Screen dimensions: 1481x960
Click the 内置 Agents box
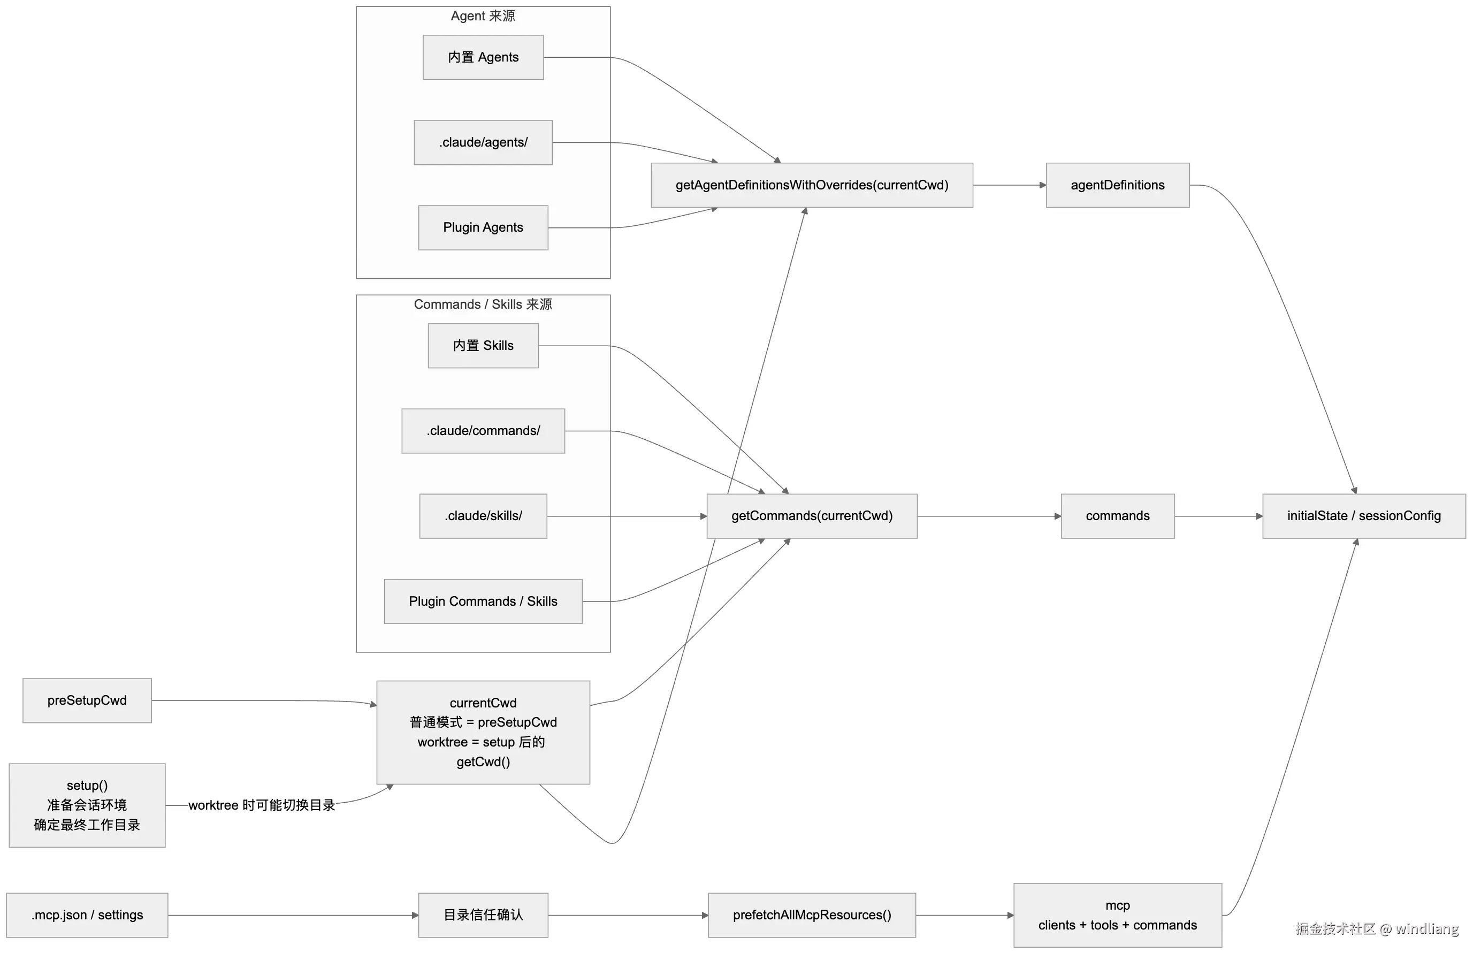[483, 57]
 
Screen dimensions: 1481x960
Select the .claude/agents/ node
[483, 142]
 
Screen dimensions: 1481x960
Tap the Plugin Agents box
[483, 228]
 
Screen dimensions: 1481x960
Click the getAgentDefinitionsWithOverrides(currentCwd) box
[812, 185]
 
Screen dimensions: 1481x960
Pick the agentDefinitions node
[1118, 185]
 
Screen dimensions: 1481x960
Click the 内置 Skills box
[483, 346]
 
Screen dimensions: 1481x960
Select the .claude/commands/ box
[483, 431]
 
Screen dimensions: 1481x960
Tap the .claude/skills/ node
[483, 516]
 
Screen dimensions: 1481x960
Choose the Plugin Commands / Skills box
[483, 601]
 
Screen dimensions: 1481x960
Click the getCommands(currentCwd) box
[812, 516]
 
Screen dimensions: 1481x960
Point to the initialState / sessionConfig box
[1364, 516]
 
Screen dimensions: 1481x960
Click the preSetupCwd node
[87, 700]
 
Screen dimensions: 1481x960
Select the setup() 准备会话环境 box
[87, 805]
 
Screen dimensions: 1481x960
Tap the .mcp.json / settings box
[87, 915]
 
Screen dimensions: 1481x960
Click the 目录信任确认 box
[483, 915]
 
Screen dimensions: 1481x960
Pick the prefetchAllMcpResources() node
[812, 915]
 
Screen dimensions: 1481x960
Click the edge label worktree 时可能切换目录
[261, 805]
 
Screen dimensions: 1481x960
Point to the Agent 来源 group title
[483, 16]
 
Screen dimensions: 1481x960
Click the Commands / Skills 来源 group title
[483, 304]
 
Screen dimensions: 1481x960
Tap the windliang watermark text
[1427, 929]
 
